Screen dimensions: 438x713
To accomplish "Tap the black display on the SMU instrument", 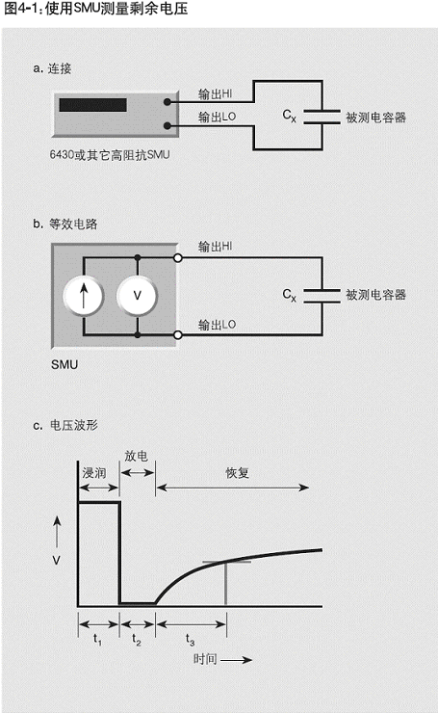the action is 92,105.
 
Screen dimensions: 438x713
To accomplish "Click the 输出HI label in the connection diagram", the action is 216,94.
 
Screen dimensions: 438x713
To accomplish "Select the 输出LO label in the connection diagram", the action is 218,118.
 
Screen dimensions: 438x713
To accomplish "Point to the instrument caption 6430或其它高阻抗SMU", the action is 110,155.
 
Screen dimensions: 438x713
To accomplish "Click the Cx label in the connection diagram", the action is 289,116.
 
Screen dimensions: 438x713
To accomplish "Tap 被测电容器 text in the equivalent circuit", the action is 375,295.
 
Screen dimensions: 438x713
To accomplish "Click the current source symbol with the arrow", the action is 84,296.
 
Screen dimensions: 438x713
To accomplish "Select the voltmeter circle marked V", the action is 138,296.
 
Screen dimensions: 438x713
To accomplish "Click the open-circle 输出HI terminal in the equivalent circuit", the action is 178,258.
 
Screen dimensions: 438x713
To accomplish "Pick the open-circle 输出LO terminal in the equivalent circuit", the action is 178,335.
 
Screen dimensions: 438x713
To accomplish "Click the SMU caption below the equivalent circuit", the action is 64,364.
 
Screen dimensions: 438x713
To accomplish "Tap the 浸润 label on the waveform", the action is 94,473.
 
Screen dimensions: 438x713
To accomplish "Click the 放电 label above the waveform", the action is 137,456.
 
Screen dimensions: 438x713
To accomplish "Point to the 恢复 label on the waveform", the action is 237,473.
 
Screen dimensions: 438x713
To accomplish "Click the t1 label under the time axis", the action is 97,640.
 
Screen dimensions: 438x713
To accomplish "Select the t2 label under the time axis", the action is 137,640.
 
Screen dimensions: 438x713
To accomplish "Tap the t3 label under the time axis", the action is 190,640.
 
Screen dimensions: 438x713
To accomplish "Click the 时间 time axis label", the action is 205,659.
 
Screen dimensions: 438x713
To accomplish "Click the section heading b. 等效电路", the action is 64,224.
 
